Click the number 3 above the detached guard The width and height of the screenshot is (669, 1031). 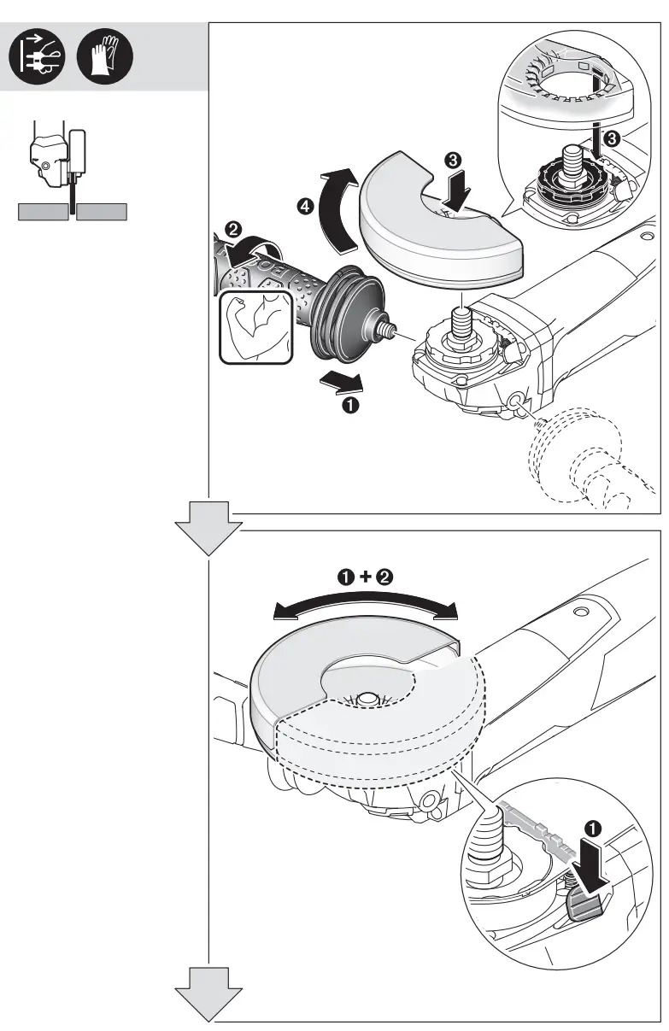pos(454,159)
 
